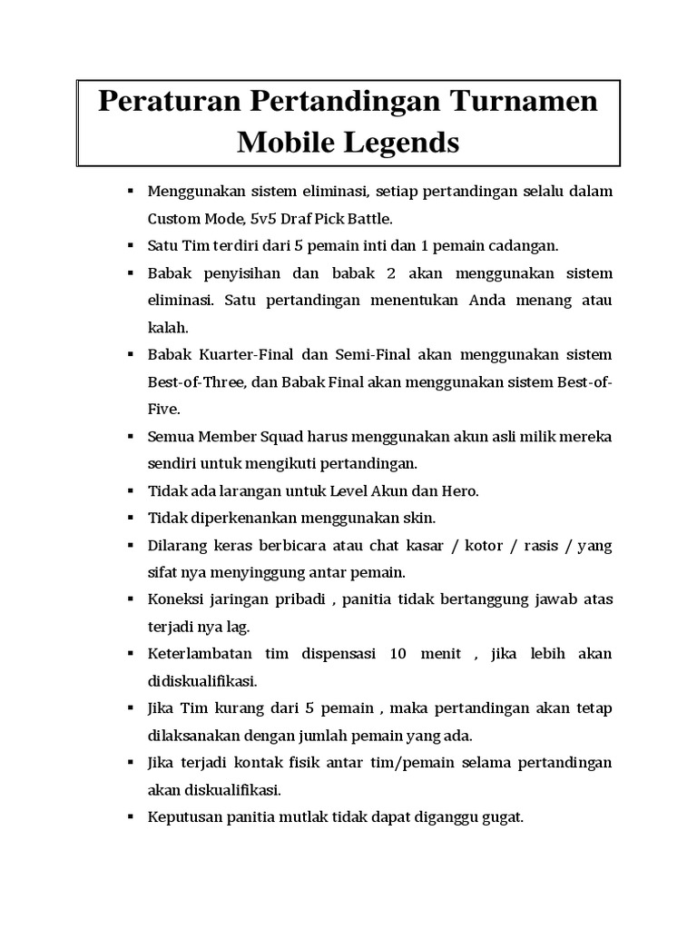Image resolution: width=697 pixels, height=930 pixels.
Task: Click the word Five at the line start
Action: pos(163,409)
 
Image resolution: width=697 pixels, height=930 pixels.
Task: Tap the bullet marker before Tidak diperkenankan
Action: pos(131,517)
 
